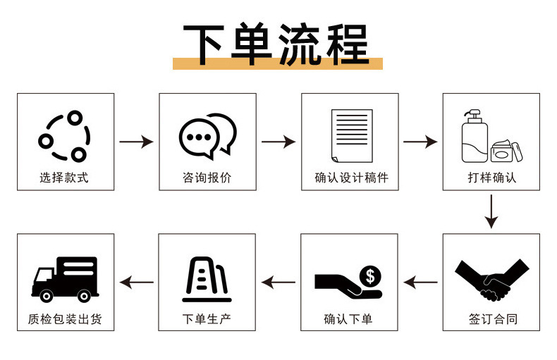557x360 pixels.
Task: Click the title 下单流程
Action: (277, 44)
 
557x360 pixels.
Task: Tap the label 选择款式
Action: (65, 178)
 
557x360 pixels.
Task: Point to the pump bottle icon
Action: (475, 137)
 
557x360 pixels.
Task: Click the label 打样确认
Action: (491, 178)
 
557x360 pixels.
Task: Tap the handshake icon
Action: (491, 279)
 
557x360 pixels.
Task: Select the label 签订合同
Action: (492, 319)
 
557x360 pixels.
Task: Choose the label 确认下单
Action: (348, 319)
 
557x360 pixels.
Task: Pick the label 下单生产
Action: (207, 319)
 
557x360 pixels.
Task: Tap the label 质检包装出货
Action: (65, 319)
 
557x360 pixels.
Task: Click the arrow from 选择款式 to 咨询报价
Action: (136, 142)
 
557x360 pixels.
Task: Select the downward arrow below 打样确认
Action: (491, 211)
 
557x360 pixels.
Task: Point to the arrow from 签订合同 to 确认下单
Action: (420, 283)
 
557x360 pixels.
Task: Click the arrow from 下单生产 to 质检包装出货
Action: (136, 283)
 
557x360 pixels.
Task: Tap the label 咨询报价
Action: (207, 178)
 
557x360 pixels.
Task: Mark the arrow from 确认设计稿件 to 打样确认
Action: (420, 142)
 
